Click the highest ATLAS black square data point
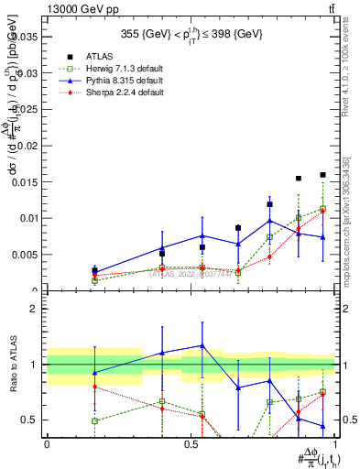click(322, 174)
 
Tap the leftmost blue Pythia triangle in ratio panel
click(94, 372)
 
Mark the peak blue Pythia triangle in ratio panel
click(201, 345)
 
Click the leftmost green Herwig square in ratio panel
click(94, 420)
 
